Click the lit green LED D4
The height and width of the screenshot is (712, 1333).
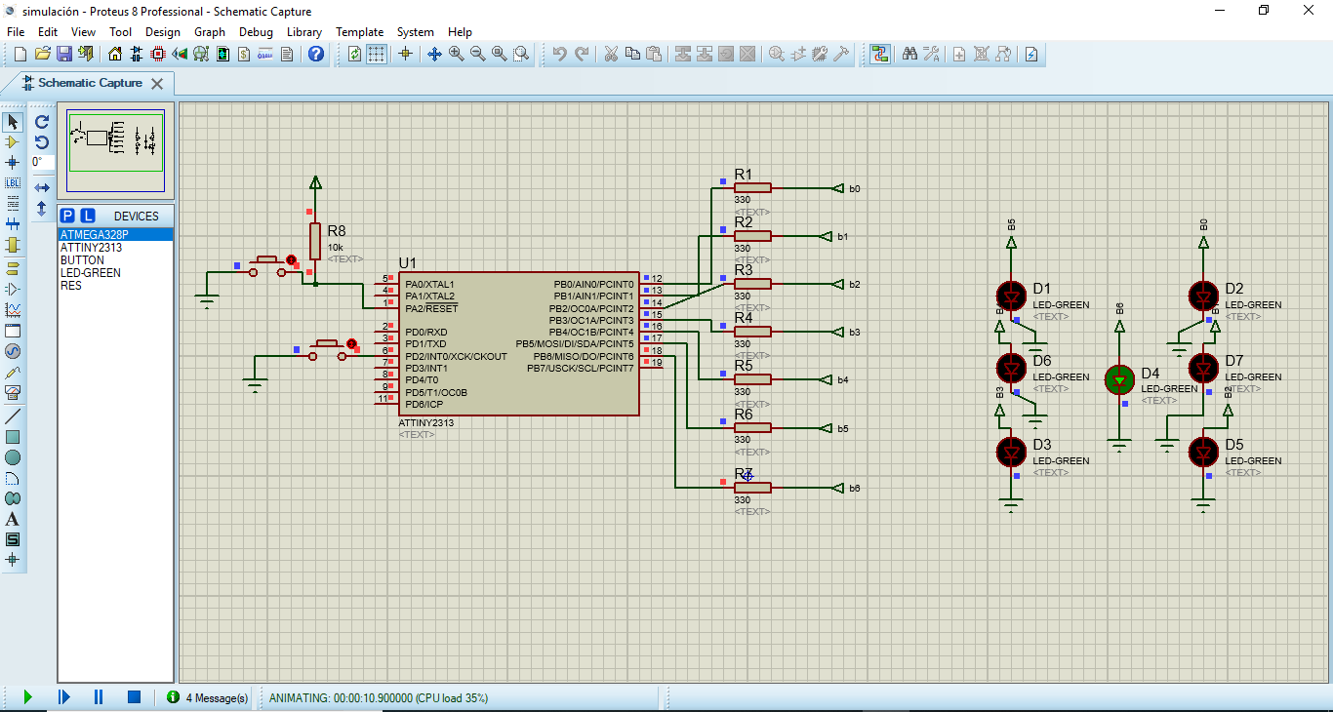tap(1119, 379)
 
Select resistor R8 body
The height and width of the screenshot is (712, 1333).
tap(315, 240)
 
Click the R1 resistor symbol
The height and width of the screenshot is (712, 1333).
tap(753, 188)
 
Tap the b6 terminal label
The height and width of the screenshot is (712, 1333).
tap(855, 488)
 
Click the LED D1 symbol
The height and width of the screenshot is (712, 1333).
tap(1011, 295)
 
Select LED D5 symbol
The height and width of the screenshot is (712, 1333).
tap(1203, 452)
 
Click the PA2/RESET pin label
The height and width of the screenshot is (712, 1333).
tap(431, 308)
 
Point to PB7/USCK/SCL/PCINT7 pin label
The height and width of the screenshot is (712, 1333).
tap(580, 368)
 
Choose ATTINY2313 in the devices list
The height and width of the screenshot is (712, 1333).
tap(91, 248)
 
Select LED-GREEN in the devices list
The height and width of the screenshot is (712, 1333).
tap(91, 273)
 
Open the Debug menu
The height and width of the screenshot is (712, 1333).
tap(256, 32)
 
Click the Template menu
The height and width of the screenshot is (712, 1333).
tap(359, 32)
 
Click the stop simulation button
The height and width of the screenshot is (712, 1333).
tap(135, 697)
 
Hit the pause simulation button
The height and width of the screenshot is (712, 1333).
tap(99, 697)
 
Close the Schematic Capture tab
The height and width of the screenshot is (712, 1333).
tap(157, 84)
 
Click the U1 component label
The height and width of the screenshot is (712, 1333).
tap(408, 263)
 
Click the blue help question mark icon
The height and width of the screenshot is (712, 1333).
tap(316, 54)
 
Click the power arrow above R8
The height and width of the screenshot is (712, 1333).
tap(315, 182)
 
